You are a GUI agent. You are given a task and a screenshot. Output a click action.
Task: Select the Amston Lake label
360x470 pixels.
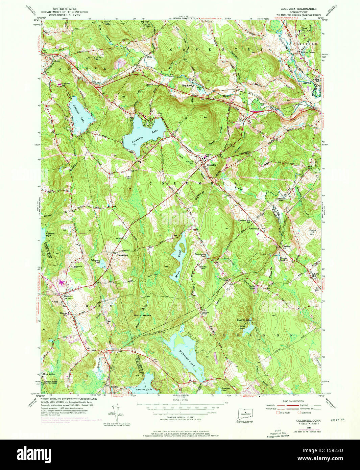pyautogui.click(x=142, y=390)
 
